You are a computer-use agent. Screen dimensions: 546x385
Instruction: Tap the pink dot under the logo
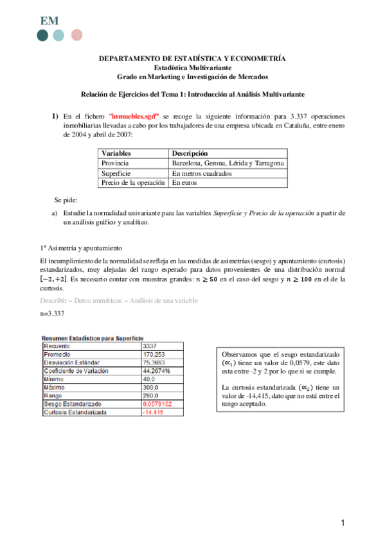pos(77,35)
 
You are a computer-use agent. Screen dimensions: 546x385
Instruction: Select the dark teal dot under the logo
pos(43,35)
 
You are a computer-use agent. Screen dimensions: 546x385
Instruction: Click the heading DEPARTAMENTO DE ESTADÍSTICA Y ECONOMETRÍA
pos(192,59)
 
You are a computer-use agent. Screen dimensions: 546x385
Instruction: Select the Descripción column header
pos(190,154)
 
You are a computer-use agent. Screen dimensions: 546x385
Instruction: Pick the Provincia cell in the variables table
pos(116,164)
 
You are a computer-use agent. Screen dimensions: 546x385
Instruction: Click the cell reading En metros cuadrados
pos(202,173)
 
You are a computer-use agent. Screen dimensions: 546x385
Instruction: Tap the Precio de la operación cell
pos(134,183)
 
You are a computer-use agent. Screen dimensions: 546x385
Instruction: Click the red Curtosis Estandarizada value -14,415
pos(153,411)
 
